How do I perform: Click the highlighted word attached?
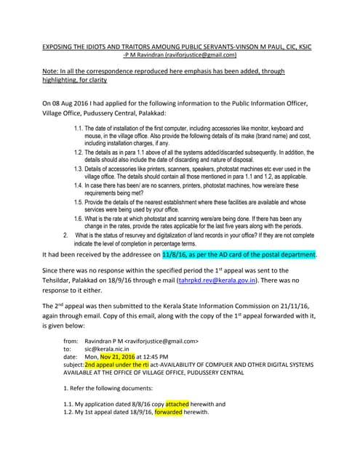click(x=177, y=403)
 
